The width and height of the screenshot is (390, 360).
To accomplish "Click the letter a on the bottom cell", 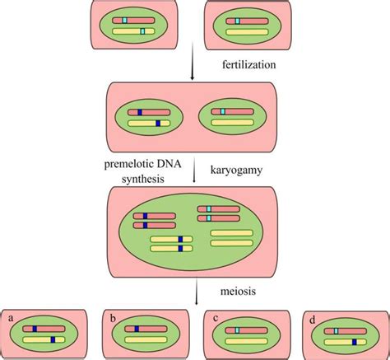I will click(x=12, y=316).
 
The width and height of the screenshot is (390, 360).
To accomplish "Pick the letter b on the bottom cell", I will click(x=111, y=316).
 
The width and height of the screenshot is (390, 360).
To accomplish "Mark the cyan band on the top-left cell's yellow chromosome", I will click(x=142, y=30).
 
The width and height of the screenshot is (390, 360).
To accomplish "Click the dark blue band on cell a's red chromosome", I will click(x=35, y=329).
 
